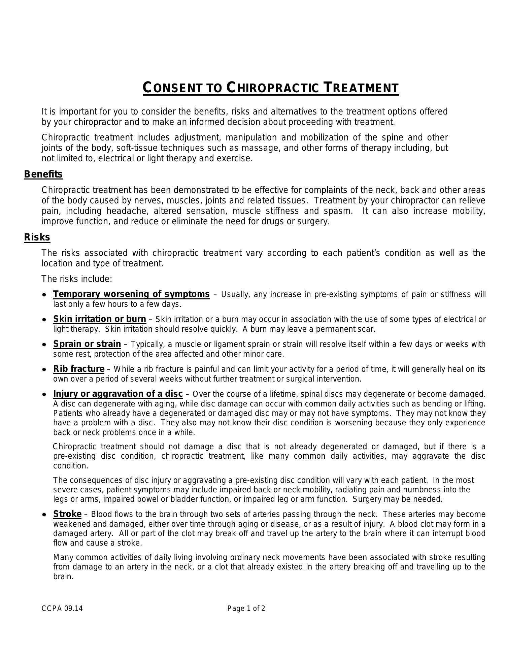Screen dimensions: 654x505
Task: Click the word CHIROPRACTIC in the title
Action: pos(272,88)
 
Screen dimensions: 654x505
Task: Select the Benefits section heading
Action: pos(43,174)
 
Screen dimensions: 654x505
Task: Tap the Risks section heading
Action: pos(37,237)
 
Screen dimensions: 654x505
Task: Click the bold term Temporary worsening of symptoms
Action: pos(131,294)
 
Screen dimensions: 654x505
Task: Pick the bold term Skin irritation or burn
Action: pos(100,319)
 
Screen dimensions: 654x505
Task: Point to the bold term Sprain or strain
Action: pos(87,344)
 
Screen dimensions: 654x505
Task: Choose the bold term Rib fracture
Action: pos(79,369)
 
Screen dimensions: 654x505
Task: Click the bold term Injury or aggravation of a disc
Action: pos(118,394)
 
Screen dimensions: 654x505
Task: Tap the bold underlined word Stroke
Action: pos(67,514)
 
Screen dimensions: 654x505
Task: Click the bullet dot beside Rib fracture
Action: pos(44,369)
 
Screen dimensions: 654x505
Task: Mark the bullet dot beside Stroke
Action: pos(44,515)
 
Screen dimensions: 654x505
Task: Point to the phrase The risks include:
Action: pos(77,279)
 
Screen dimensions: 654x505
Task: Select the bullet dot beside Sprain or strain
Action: pos(44,345)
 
